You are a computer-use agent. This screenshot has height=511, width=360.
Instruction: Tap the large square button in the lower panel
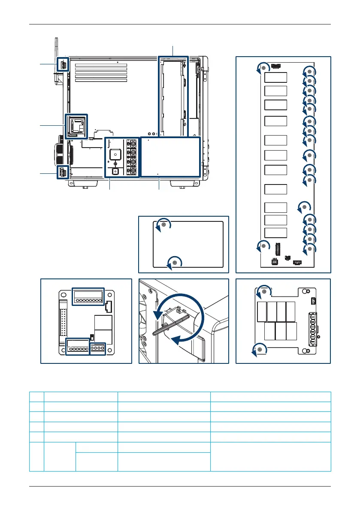point(115,154)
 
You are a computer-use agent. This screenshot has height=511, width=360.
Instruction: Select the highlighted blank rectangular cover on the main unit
point(170,157)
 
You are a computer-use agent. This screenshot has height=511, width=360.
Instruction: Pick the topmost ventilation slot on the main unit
point(98,66)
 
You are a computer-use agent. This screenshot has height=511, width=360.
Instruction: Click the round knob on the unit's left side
point(61,153)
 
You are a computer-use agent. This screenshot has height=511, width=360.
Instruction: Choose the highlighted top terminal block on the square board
point(88,296)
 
